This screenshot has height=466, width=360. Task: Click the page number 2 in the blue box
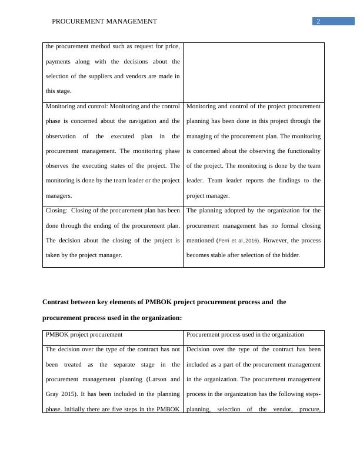pyautogui.click(x=318, y=21)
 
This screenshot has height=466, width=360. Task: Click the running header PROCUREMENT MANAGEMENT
pyautogui.click(x=104, y=21)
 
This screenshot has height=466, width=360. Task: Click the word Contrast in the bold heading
pyautogui.click(x=58, y=302)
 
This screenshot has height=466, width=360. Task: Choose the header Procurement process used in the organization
pyautogui.click(x=245, y=335)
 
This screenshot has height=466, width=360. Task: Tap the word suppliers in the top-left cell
pyautogui.click(x=108, y=76)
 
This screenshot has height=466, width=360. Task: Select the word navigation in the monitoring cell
pyautogui.click(x=140, y=121)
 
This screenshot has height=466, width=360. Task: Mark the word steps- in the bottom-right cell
pyautogui.click(x=308, y=394)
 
